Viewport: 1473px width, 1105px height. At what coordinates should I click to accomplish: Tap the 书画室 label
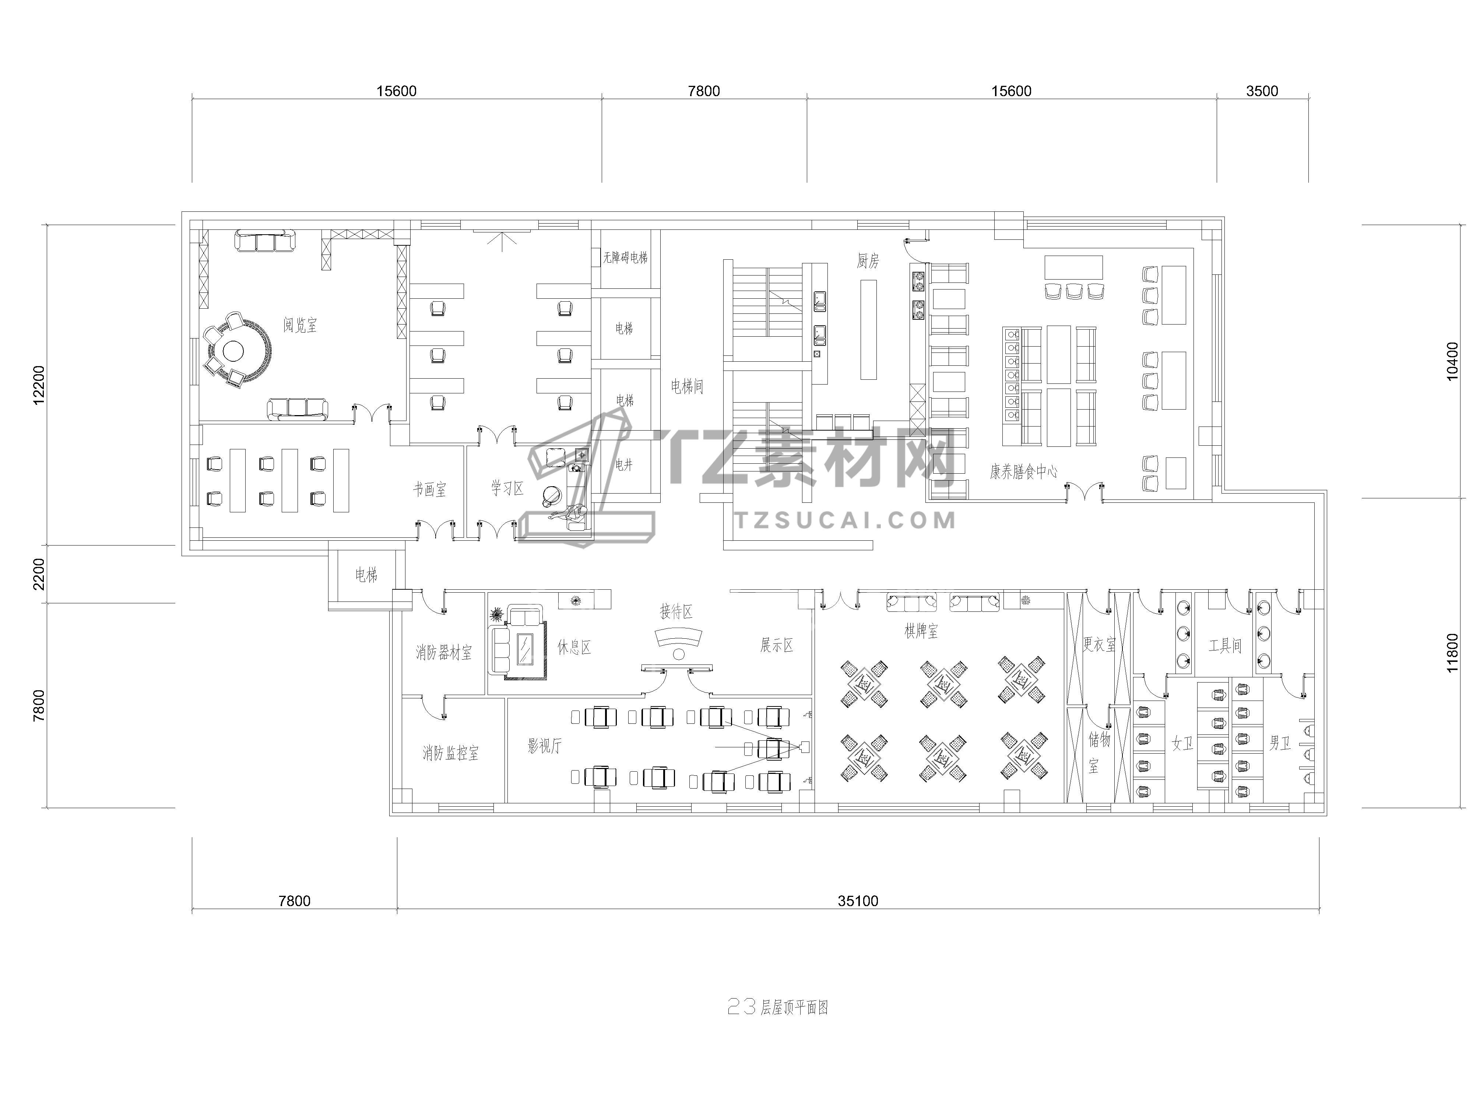429,490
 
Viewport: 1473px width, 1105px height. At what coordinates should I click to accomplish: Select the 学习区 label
507,488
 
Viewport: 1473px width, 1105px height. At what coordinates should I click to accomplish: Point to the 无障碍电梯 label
625,257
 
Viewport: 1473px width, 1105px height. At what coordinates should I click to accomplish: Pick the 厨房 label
868,261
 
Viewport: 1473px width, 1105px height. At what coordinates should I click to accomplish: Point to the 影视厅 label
545,746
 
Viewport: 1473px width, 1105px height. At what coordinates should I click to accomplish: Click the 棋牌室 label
921,631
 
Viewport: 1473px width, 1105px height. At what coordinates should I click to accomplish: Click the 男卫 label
1280,743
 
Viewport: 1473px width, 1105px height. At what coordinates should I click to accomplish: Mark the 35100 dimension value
858,901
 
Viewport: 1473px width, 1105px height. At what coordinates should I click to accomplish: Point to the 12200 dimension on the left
39,384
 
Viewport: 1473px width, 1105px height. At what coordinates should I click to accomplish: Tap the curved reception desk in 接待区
679,638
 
